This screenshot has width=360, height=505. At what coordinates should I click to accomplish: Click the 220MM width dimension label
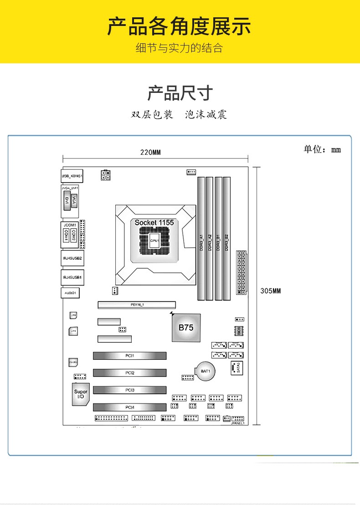[150, 153]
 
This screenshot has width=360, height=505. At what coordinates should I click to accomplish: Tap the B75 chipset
[186, 327]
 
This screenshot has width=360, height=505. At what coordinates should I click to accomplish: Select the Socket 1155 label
[154, 222]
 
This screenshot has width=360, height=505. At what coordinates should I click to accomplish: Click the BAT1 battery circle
[206, 371]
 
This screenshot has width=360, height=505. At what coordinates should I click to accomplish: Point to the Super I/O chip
[81, 394]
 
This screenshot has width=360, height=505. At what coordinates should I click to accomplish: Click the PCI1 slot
[130, 356]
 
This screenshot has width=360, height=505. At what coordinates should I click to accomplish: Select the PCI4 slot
[130, 407]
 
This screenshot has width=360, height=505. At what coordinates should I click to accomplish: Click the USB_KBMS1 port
[72, 175]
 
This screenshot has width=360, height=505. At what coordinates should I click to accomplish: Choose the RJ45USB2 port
[72, 258]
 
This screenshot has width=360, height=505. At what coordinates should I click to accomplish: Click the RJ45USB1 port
[72, 277]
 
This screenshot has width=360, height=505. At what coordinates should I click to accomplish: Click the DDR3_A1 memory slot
[201, 239]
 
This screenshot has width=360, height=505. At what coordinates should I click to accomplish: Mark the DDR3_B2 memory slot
[226, 239]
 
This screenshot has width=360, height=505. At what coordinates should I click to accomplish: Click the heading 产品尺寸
[180, 93]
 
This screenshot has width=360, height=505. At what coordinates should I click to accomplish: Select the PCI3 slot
[130, 390]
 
